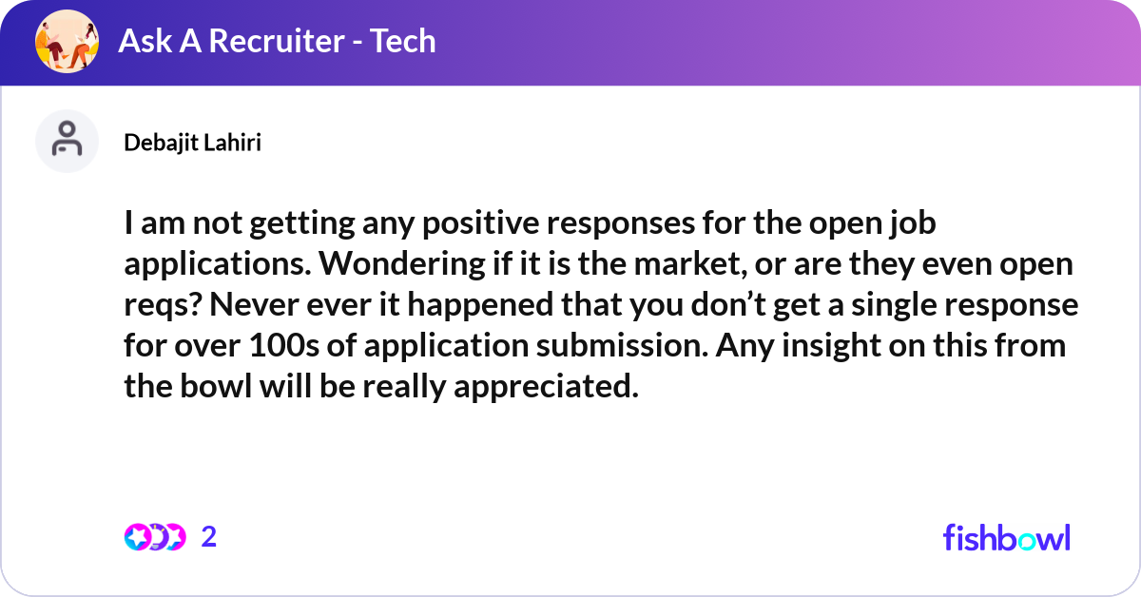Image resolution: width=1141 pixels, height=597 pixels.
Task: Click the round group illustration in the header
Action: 67,41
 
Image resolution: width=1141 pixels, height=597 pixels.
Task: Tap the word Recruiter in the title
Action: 277,41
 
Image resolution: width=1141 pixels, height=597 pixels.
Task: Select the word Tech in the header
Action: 403,41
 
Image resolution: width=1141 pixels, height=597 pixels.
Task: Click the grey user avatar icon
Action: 67,141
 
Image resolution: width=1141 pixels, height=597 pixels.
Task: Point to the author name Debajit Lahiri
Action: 192,143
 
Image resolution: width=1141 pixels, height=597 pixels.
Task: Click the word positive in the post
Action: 480,224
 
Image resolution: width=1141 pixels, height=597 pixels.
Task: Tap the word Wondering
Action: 401,264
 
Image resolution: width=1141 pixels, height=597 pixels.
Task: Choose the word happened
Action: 480,306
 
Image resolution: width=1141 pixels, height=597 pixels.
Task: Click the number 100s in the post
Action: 284,345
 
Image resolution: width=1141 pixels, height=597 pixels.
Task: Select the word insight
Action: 831,346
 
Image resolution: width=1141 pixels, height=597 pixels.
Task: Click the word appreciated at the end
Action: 546,387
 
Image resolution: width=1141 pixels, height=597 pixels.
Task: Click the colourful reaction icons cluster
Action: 155,537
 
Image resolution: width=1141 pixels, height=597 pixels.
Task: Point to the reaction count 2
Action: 209,537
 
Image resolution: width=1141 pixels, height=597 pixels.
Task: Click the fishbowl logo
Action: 1007,537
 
